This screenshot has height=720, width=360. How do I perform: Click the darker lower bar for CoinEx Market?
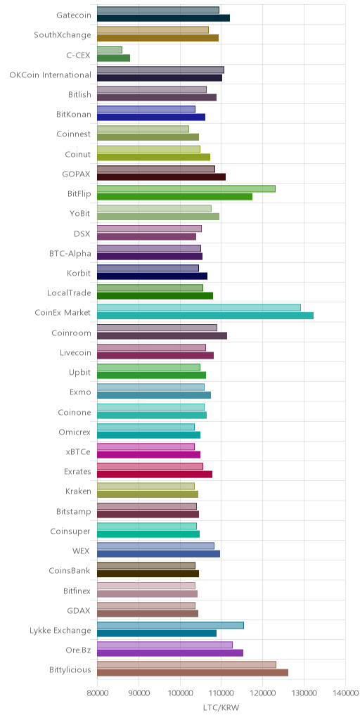(205, 316)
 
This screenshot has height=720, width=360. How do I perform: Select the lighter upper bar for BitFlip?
(186, 188)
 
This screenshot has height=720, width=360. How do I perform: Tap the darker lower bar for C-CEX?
(113, 58)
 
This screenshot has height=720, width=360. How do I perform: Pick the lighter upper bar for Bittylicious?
(187, 665)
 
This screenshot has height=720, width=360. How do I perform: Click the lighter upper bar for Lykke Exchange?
(170, 625)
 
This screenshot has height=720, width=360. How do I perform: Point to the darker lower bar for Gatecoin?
(163, 18)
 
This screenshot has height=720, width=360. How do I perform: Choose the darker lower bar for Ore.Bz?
(170, 653)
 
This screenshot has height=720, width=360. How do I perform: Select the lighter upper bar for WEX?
(155, 546)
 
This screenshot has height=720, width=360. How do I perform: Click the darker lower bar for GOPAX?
(161, 176)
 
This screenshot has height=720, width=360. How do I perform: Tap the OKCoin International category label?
(50, 75)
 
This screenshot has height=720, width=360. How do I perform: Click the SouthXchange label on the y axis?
(63, 35)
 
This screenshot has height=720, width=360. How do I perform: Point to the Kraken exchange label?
(78, 491)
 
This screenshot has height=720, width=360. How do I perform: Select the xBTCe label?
(79, 452)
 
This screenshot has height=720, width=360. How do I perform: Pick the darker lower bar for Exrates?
(155, 475)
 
